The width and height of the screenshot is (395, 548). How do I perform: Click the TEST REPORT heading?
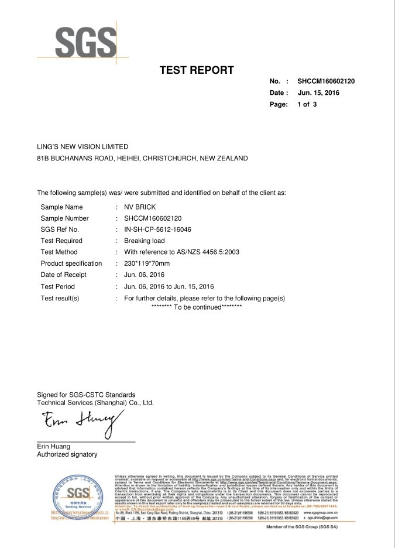pos(197,71)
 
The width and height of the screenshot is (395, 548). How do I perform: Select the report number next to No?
pos(326,81)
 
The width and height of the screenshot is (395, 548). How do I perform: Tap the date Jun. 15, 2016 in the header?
pos(318,93)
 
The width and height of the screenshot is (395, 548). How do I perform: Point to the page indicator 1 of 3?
pos(307,104)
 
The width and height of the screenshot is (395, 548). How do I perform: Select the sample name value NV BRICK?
pos(140,207)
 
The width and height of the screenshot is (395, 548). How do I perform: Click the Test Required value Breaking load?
pos(145,241)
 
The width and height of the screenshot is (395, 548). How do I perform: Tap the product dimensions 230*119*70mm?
pos(152,263)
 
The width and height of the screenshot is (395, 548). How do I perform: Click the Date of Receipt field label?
pos(63,275)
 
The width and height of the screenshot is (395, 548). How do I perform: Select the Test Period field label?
pos(57,286)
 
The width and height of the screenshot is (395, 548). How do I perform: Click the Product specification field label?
pos(71,263)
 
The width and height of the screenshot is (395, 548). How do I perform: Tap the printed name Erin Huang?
pos(54,447)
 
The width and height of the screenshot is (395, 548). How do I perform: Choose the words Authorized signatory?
pos(67,454)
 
